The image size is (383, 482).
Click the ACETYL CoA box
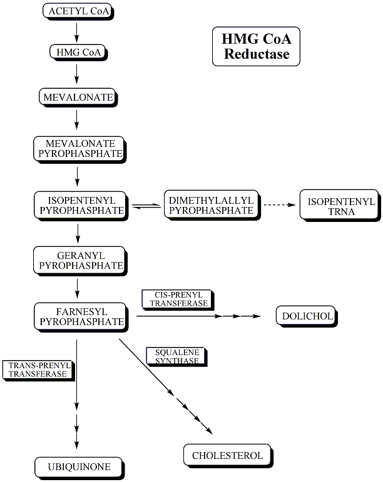[x=78, y=11]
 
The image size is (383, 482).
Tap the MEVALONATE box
[x=77, y=97]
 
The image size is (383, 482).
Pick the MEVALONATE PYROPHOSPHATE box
[x=77, y=148]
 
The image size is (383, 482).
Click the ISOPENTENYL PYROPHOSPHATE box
[x=77, y=205]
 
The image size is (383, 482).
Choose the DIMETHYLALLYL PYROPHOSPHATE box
[x=211, y=205]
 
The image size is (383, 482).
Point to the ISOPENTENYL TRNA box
[x=339, y=206]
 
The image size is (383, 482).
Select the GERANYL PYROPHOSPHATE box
[x=77, y=259]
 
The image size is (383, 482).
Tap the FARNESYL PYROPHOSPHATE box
[x=77, y=316]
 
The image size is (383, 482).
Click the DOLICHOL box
[x=307, y=316]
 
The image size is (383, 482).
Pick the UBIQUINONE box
[x=78, y=467]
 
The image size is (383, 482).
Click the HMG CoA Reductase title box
[x=255, y=47]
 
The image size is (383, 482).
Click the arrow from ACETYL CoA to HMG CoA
[x=77, y=31]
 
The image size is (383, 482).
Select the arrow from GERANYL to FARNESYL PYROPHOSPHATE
[x=77, y=288]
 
